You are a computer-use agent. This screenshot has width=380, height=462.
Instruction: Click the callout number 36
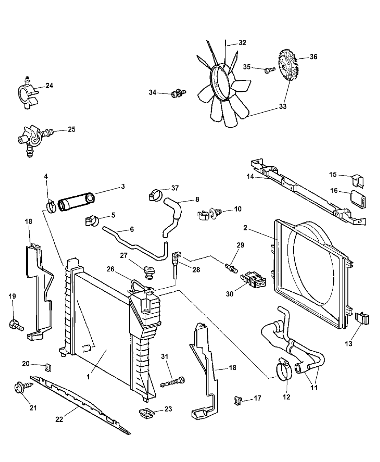tap(313, 57)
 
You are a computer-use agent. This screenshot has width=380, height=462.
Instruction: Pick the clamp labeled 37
tap(155, 195)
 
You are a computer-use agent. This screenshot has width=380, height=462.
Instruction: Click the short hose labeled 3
tap(76, 202)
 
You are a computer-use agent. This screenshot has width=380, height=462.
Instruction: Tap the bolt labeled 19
tap(15, 324)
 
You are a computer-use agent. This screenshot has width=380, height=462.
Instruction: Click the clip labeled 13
tap(363, 319)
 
